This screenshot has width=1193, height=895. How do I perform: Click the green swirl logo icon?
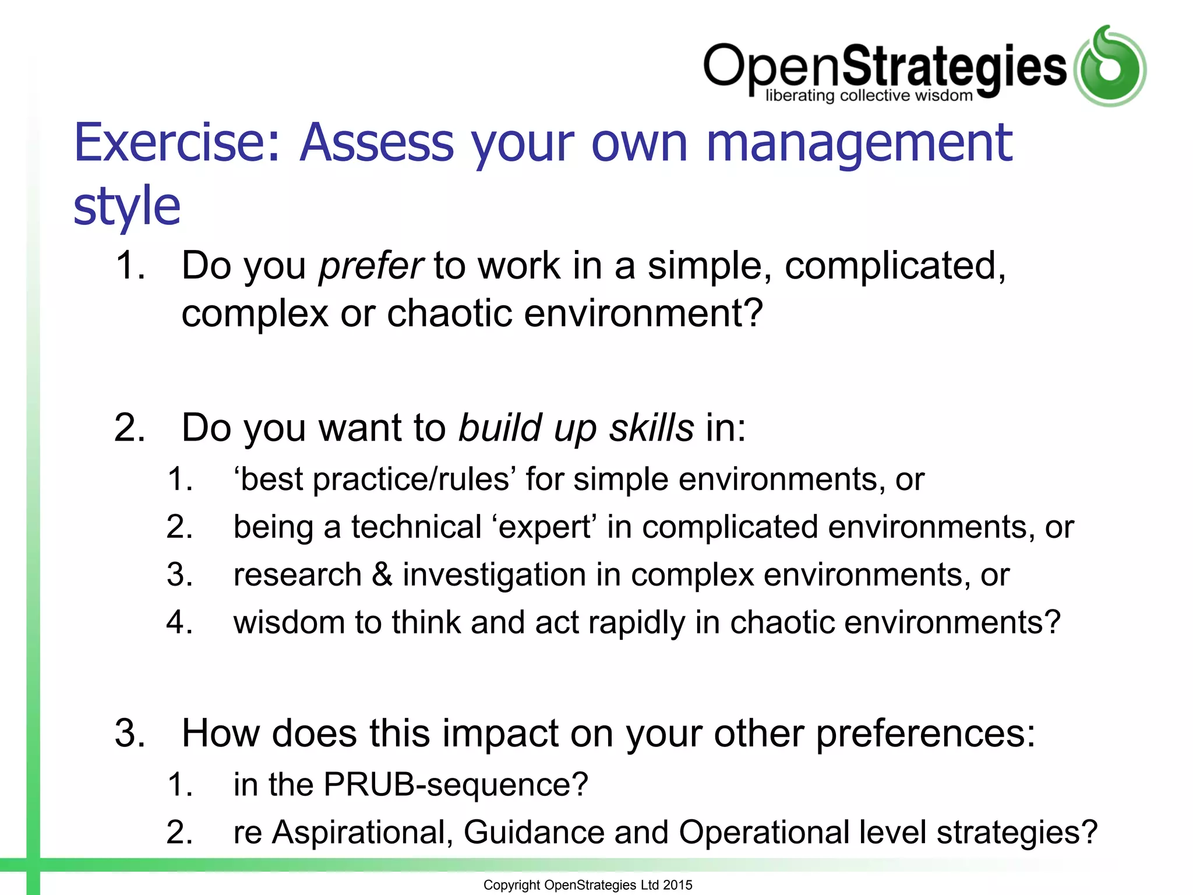[x=1110, y=67]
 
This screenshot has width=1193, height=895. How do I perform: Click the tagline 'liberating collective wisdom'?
[x=869, y=96]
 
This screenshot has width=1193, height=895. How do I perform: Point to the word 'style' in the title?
[x=127, y=206]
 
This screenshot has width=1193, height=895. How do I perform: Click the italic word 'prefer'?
[x=371, y=266]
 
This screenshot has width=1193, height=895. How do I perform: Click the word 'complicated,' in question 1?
[x=895, y=266]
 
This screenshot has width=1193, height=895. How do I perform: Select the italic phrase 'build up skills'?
[x=576, y=428]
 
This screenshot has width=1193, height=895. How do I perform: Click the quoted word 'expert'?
[x=545, y=527]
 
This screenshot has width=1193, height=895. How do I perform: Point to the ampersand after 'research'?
[x=382, y=575]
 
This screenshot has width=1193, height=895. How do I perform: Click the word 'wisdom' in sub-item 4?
[x=289, y=622]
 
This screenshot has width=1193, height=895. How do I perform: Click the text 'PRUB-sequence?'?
[x=456, y=784]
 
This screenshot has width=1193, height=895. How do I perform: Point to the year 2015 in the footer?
[x=677, y=885]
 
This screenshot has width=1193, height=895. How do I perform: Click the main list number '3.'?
[x=130, y=733]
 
